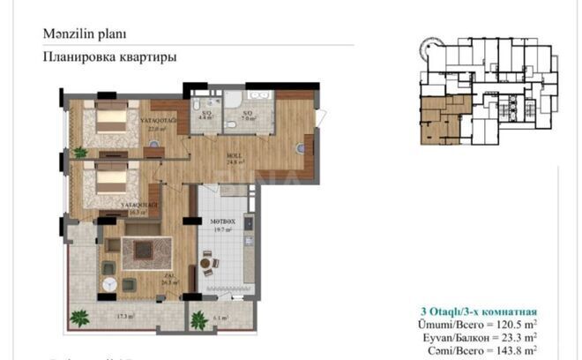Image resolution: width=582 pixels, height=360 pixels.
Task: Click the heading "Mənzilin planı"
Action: pyautogui.click(x=85, y=34)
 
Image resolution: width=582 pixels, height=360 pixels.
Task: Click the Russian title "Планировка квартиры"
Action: pyautogui.click(x=109, y=56)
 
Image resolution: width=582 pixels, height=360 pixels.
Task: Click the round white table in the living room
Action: pyautogui.click(x=110, y=284)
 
